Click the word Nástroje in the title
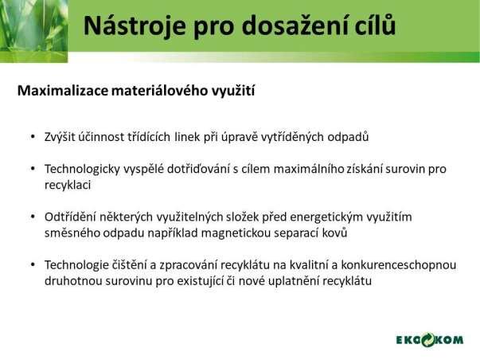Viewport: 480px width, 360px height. [x=135, y=25]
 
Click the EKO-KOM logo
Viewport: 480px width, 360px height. [x=430, y=340]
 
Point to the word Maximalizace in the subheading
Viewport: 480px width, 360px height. [x=63, y=90]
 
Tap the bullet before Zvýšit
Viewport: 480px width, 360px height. [x=33, y=137]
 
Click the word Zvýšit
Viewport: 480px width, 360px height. [x=60, y=137]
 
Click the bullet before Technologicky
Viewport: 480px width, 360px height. [x=33, y=169]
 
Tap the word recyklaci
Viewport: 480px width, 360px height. [x=68, y=185]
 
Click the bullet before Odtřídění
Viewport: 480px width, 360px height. [x=33, y=217]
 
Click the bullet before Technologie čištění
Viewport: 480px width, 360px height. [x=33, y=264]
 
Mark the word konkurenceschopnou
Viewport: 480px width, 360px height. [x=399, y=265]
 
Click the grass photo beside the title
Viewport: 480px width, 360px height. [x=33, y=31]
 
